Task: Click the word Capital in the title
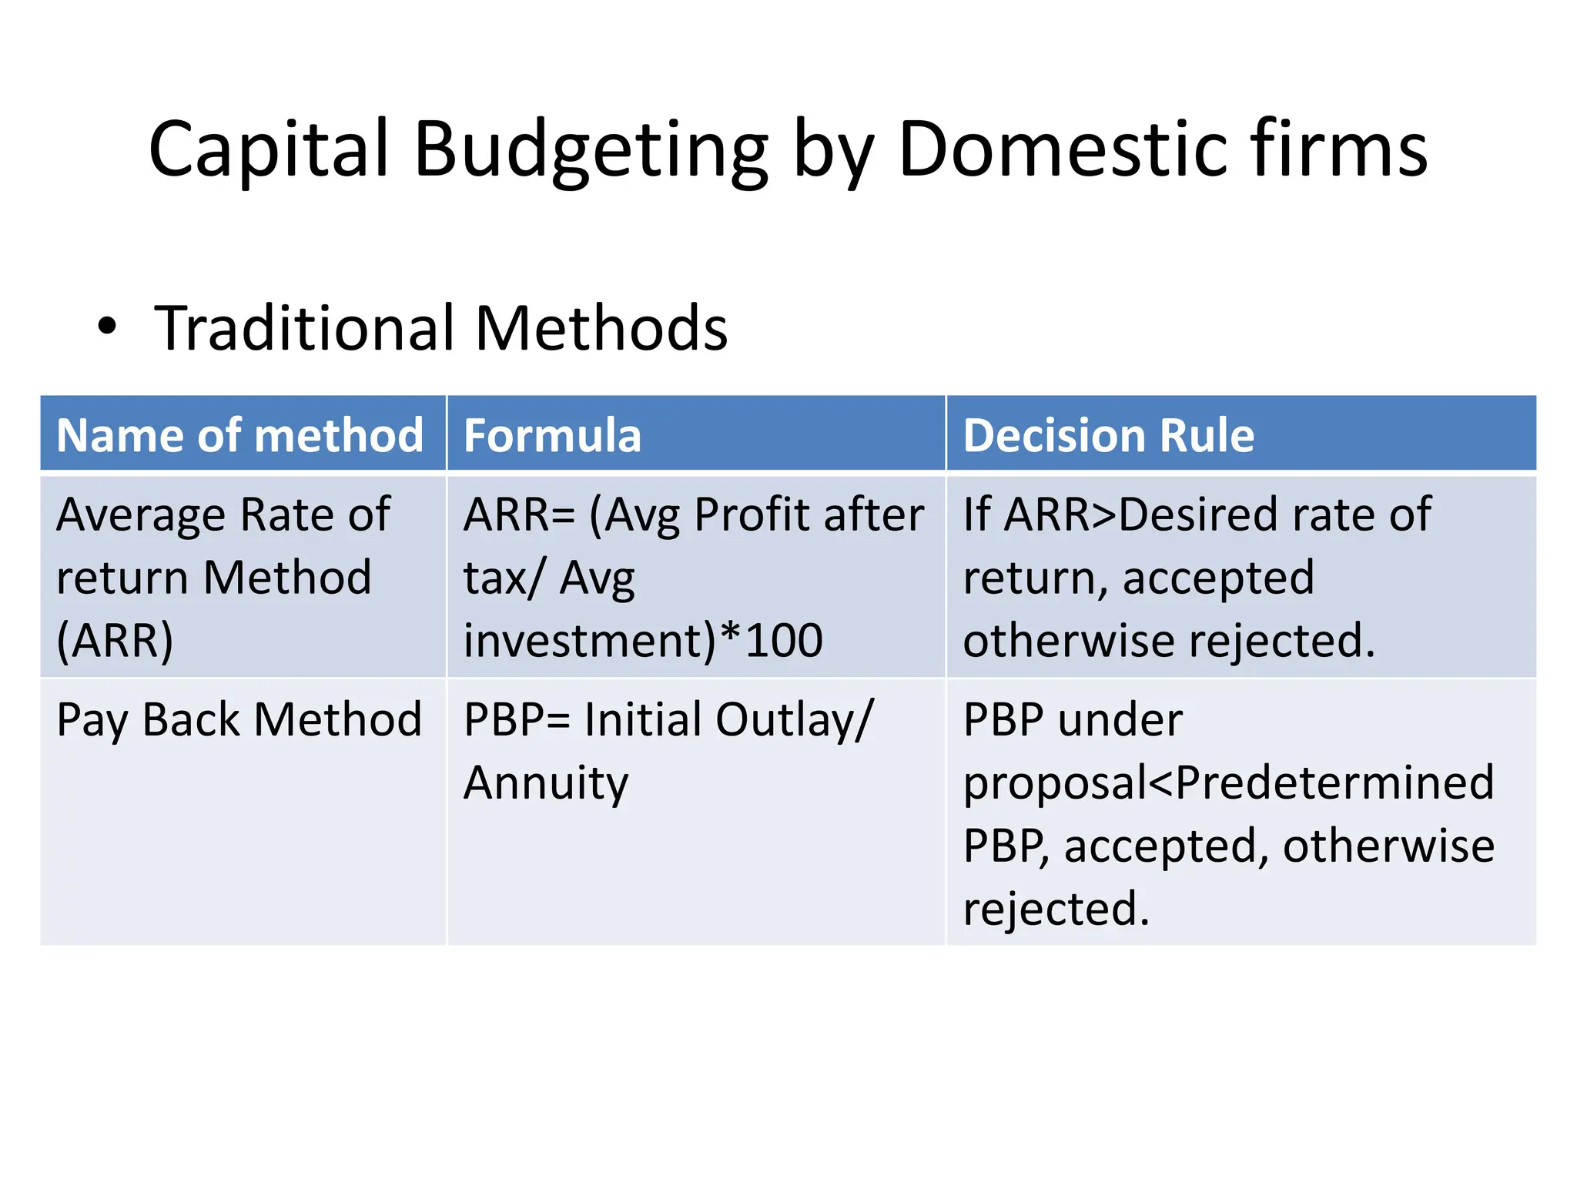click(269, 149)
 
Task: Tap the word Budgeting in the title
click(591, 149)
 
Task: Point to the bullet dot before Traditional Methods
click(107, 327)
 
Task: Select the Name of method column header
click(240, 435)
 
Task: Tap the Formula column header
click(552, 435)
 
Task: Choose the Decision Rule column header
click(1108, 435)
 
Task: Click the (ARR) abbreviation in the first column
click(116, 640)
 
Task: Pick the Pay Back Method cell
click(239, 720)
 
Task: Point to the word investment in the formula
click(590, 640)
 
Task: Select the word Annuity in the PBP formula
click(546, 783)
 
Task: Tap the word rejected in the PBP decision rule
click(1055, 909)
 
